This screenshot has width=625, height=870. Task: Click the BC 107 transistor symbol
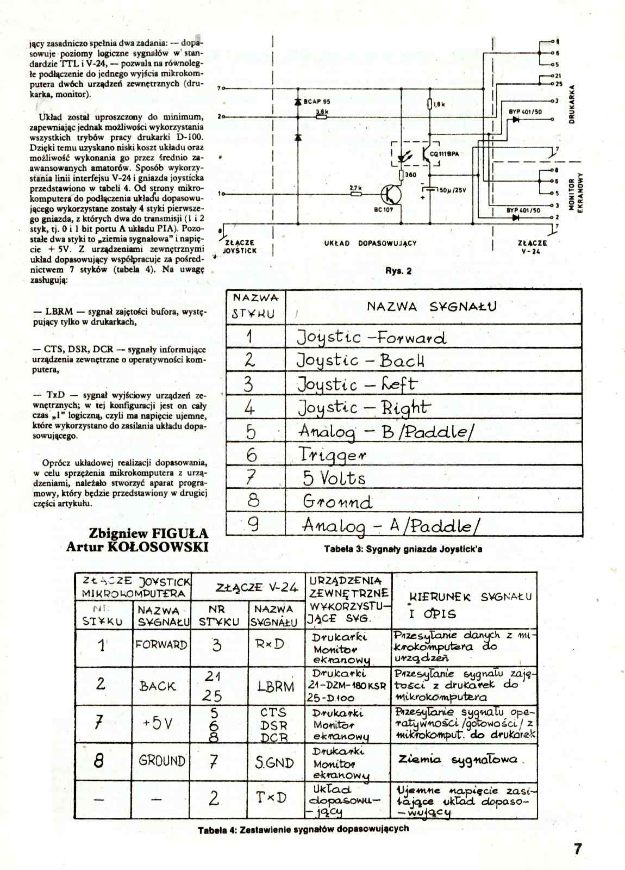pos(391,194)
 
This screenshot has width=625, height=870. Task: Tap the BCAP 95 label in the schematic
pos(317,101)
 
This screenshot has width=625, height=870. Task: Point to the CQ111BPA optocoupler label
pos(444,154)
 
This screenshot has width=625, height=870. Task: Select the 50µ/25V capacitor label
pos(452,190)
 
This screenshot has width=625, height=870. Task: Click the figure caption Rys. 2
pos(398,271)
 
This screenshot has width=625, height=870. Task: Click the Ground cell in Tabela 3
pos(337,501)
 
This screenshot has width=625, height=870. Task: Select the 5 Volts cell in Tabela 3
pos(334,478)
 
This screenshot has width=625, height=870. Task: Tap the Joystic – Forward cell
pos(372,337)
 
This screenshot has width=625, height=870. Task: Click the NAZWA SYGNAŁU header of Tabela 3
pos(432,307)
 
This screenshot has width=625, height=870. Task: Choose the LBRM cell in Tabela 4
pos(276,686)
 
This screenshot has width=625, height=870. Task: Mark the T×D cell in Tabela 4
pos(271,798)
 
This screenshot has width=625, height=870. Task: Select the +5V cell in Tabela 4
pos(158,724)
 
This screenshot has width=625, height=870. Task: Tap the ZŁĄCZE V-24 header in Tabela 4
pos(257,587)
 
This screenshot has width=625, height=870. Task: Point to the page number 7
pos(578,849)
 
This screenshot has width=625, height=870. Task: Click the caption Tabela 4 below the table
pos(303,829)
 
